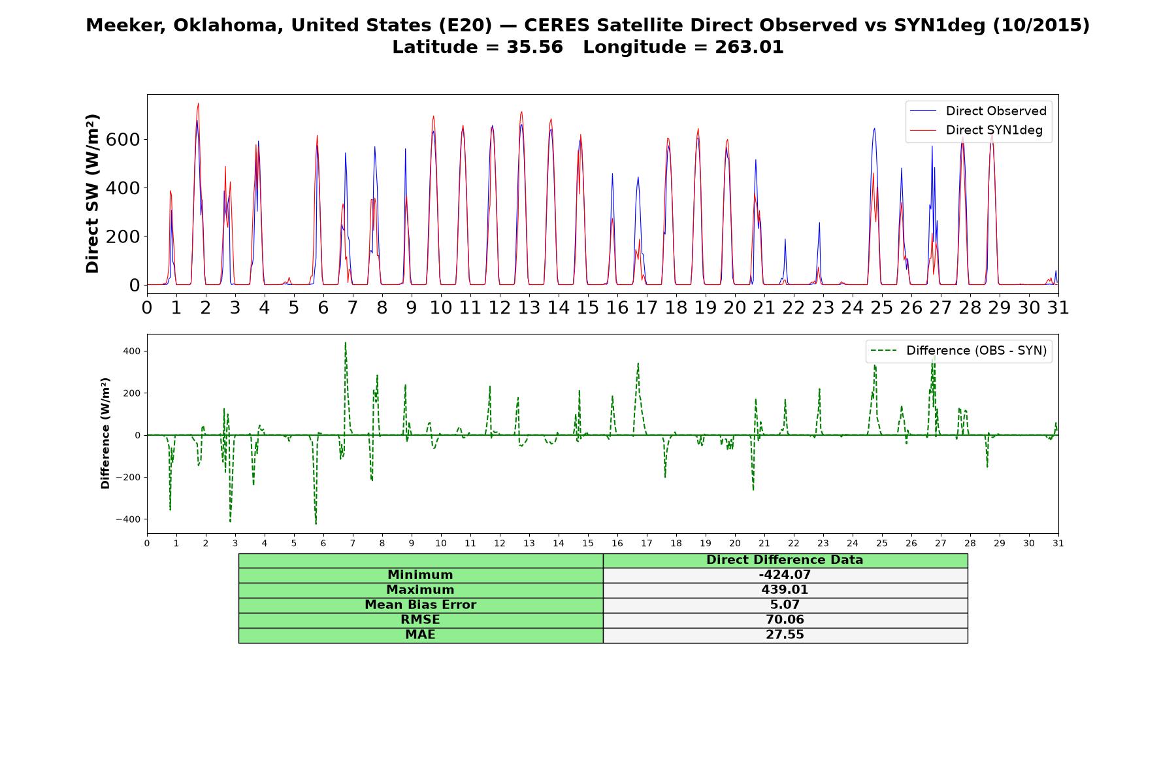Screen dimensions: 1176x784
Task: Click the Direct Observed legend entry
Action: pos(978,111)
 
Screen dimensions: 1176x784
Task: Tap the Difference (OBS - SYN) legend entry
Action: pos(958,351)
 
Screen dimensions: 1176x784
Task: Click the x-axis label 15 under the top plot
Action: pos(587,307)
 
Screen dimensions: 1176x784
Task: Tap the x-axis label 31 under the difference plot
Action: pos(1058,543)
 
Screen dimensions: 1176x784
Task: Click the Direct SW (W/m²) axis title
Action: pos(93,193)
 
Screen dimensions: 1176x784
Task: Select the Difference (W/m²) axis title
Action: pos(105,433)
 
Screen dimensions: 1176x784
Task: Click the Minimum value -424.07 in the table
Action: pos(785,575)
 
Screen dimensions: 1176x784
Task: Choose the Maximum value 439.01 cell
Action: pos(785,590)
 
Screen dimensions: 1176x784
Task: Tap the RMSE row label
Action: pos(420,620)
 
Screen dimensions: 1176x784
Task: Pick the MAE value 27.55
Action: pos(785,635)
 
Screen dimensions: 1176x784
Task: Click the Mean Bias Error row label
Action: pos(420,605)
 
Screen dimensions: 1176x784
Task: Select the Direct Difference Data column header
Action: pos(785,560)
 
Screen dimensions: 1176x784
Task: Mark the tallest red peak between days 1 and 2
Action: pos(198,103)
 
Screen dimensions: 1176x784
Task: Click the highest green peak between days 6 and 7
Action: pos(345,342)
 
